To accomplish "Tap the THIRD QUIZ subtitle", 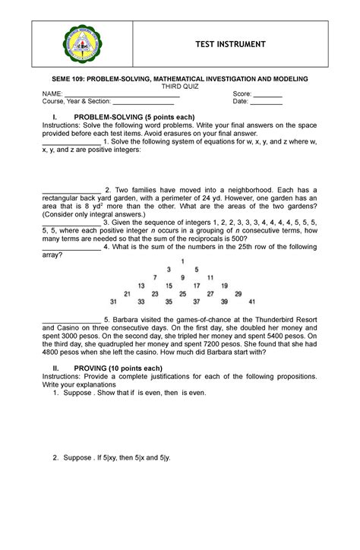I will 179,87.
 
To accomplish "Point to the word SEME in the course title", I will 62,79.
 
